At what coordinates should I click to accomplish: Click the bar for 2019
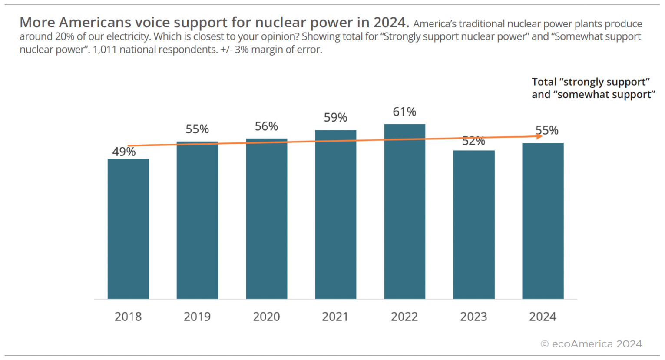pyautogui.click(x=197, y=220)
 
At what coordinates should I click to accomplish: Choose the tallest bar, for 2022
pyautogui.click(x=404, y=211)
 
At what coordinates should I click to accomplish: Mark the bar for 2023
pyautogui.click(x=473, y=225)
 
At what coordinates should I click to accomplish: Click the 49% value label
pyautogui.click(x=124, y=152)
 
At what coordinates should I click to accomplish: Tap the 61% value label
pyautogui.click(x=404, y=112)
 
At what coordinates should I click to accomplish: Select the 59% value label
pyautogui.click(x=335, y=118)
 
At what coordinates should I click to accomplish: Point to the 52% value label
pyautogui.click(x=473, y=141)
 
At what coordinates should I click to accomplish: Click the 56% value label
pyautogui.click(x=266, y=126)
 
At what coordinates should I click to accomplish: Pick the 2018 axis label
pyautogui.click(x=128, y=317)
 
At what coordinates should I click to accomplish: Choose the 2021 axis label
pyautogui.click(x=335, y=317)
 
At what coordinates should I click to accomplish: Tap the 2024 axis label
pyautogui.click(x=543, y=317)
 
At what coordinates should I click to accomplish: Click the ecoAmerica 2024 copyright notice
pyautogui.click(x=591, y=344)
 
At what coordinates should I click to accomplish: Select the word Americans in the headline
pyautogui.click(x=95, y=22)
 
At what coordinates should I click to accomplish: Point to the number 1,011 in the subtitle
pyautogui.click(x=104, y=50)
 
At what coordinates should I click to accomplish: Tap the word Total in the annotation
pyautogui.click(x=544, y=82)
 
